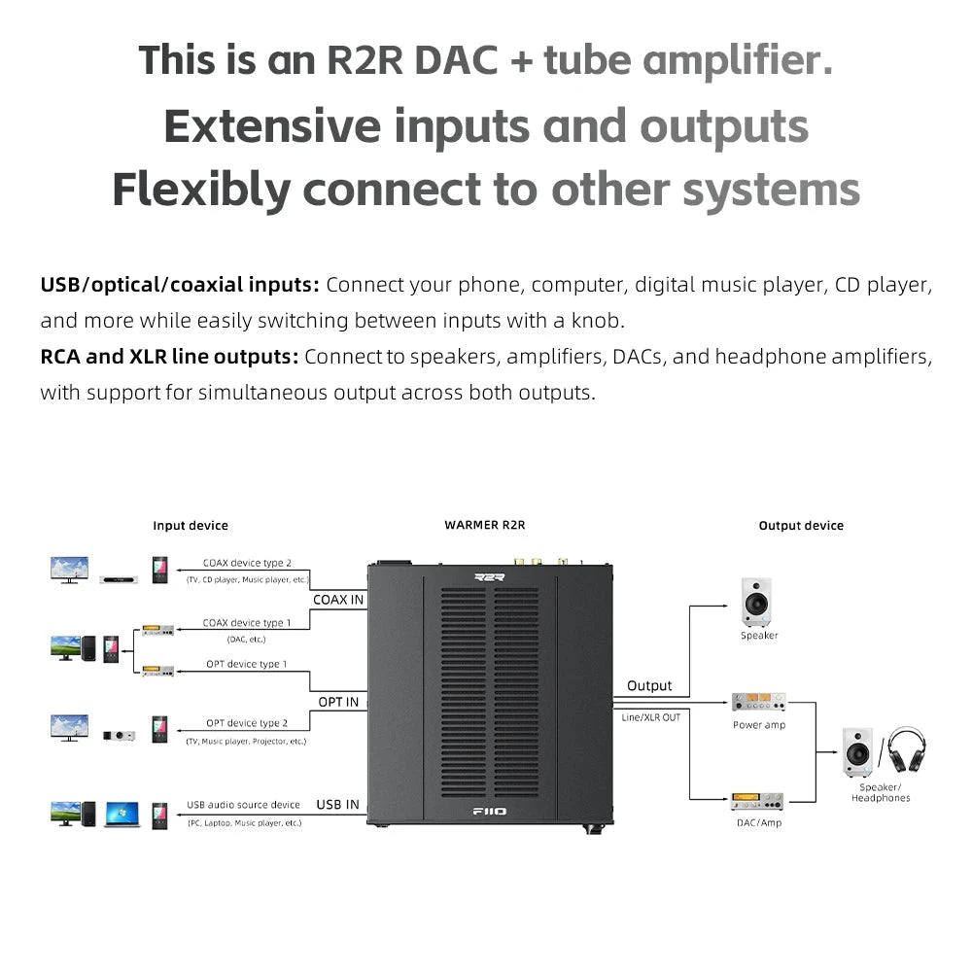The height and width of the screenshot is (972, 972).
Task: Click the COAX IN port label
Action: pos(338,600)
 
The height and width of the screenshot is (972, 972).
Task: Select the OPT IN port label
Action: pos(338,702)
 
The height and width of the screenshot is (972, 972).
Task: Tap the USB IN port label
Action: pos(337,805)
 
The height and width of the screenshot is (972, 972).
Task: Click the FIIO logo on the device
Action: pos(489,811)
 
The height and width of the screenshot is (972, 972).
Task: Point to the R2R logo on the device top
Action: pos(490,576)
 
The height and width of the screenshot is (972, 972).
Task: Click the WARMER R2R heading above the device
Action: pos(484,525)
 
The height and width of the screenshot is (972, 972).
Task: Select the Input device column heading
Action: pos(191,526)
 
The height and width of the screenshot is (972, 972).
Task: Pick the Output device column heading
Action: pos(801,526)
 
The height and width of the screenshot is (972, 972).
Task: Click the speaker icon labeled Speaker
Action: pos(756,603)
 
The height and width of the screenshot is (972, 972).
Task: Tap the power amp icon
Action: pos(758,702)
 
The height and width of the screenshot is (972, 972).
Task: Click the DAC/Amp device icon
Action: pos(757,802)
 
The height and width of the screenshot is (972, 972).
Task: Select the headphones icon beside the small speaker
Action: pos(906,750)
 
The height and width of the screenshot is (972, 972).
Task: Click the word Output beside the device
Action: pos(649,686)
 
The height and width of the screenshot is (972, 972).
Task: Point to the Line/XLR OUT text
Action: pos(651,716)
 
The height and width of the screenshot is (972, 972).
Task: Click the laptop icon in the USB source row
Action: pos(122,815)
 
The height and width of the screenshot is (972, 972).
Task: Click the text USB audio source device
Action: pos(243,805)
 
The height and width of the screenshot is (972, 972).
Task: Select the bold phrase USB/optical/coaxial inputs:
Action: pos(180,285)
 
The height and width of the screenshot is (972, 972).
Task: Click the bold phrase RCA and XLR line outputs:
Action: pos(169,357)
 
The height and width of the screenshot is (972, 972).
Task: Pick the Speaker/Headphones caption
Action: pos(881,792)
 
